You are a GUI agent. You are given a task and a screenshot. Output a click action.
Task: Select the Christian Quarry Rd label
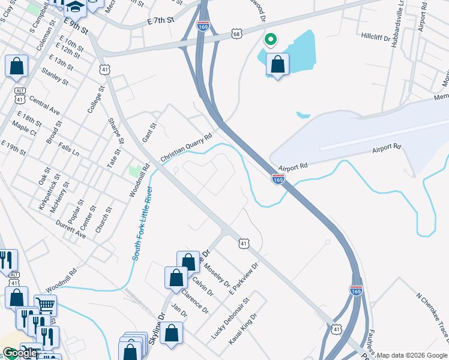point(187,147)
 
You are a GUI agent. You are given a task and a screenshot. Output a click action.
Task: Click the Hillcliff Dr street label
point(376,37)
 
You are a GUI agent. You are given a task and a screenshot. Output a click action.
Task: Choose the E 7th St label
point(160,20)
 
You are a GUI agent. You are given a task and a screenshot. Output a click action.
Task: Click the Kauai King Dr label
point(243,328)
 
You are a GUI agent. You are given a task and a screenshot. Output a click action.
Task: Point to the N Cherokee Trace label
point(432,311)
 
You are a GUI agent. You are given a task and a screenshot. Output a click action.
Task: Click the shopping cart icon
point(46,305)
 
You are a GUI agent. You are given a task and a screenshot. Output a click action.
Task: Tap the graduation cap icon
point(76,6)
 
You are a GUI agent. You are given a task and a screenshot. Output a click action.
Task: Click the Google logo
point(19,353)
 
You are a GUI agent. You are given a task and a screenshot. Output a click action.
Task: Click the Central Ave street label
point(44,106)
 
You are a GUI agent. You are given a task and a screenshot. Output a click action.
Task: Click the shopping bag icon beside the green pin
point(277,64)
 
